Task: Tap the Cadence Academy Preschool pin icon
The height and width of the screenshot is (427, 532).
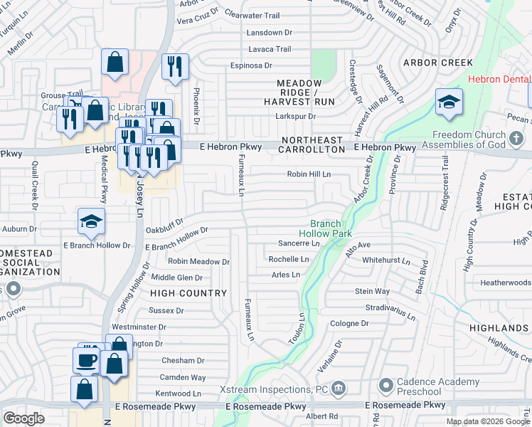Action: tap(386, 386)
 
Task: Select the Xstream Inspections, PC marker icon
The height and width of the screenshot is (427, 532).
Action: tap(339, 389)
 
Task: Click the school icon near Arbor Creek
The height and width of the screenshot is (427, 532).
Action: tap(449, 102)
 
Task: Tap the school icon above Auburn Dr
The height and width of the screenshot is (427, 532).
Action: tap(92, 222)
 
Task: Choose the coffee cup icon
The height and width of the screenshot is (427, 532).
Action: tap(87, 360)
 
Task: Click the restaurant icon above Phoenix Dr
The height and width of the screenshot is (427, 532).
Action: tap(175, 67)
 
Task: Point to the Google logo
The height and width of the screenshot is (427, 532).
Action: tap(23, 418)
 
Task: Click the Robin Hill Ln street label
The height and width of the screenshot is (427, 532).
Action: tap(309, 174)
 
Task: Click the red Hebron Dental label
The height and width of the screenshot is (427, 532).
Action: tap(499, 80)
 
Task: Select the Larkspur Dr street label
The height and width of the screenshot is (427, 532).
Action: tap(295, 116)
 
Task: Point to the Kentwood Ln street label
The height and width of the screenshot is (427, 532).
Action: tap(179, 394)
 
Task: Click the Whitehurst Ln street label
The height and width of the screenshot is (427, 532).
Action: tap(386, 261)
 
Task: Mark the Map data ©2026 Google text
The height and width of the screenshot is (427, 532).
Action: tap(488, 421)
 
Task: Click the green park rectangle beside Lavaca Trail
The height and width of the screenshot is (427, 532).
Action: tap(324, 65)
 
